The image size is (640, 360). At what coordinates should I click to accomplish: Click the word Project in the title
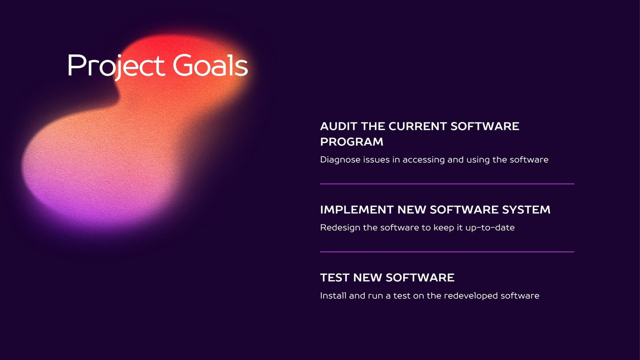(116, 67)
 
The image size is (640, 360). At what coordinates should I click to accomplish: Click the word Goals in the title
(210, 65)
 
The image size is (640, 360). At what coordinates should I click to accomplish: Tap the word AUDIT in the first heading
(338, 126)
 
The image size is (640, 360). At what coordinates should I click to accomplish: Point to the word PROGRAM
(352, 142)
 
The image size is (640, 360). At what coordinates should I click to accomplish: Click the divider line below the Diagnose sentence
(447, 184)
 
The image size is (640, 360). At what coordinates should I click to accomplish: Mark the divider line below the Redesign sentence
(447, 252)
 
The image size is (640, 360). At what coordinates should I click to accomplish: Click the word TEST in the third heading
(334, 278)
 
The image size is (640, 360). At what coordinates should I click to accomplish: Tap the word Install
(333, 296)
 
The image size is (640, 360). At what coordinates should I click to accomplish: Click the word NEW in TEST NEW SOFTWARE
(366, 278)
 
